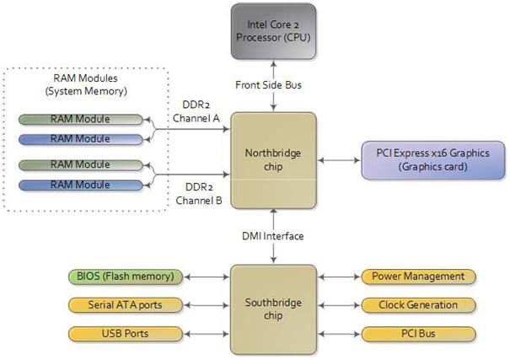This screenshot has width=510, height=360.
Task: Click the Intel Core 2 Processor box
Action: click(274, 31)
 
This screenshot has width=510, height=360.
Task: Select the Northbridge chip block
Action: click(274, 160)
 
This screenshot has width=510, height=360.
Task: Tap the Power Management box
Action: click(418, 276)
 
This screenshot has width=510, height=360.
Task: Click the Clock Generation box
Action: click(418, 305)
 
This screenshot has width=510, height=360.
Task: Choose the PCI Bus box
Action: click(418, 334)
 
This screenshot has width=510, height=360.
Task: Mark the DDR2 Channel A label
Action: click(196, 112)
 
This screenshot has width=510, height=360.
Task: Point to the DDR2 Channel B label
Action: click(196, 194)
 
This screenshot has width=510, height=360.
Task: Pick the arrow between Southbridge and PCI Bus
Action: click(341, 334)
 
